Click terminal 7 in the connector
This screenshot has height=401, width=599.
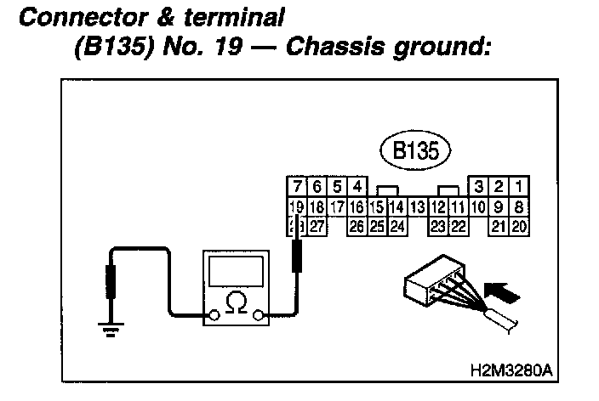click(296, 187)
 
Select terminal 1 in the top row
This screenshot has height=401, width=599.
click(519, 187)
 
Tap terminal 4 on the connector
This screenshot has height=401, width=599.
click(357, 187)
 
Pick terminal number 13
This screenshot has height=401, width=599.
click(417, 206)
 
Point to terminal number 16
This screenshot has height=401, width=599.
click(357, 206)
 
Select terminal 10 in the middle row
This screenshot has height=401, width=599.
click(478, 206)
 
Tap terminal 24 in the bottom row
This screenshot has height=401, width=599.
click(397, 226)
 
